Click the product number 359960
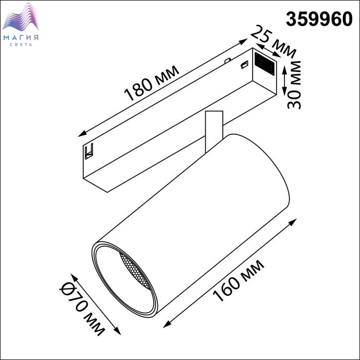tap(319, 19)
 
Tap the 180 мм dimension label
tap(152, 83)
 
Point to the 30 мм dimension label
tap(294, 85)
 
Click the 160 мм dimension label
tap(239, 281)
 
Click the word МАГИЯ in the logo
tap(21, 38)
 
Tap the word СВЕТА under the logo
tap(21, 45)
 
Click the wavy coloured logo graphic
tap(21, 17)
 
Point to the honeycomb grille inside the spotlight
tap(135, 271)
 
